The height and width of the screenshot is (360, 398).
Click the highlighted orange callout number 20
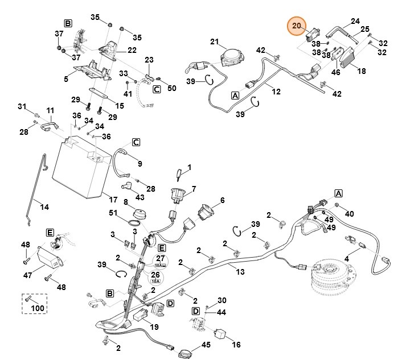(x=296, y=26)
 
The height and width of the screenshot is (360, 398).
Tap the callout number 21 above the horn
(x=215, y=42)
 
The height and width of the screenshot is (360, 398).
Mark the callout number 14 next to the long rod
(x=44, y=206)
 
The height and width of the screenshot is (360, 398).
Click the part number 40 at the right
(x=349, y=213)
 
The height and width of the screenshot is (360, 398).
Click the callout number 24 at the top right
(x=355, y=21)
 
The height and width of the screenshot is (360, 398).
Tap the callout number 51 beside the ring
(x=113, y=213)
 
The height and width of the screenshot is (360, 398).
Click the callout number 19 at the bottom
(x=154, y=327)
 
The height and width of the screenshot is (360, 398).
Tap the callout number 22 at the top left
(x=132, y=50)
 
